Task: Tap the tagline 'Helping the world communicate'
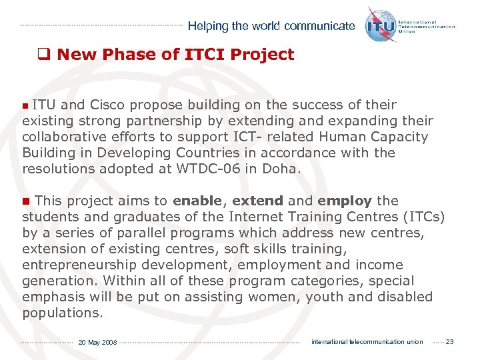point(271,27)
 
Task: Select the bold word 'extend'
point(257,201)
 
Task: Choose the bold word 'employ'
point(345,201)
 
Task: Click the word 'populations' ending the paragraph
point(61,313)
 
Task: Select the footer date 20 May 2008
point(97,343)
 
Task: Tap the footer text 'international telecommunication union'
point(367,342)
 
